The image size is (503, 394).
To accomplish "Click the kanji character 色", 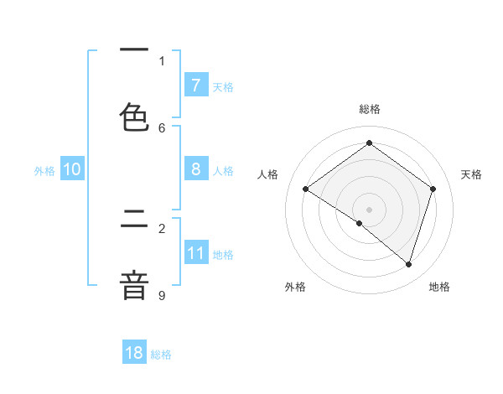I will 134,117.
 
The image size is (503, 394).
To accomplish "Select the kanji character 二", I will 134,221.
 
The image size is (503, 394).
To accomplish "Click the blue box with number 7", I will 195,86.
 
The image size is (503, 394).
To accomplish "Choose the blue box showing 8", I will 195,169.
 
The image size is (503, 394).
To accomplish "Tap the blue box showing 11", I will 195,253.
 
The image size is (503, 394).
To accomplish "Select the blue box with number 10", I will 72,169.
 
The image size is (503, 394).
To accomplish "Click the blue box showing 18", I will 134,353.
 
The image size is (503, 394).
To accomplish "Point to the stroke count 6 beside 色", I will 162,128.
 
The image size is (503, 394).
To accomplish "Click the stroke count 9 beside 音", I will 162,295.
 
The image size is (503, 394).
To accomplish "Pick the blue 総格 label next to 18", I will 161,355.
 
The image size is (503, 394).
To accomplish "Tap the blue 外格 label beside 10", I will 44,171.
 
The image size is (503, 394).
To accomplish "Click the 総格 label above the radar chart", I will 370,109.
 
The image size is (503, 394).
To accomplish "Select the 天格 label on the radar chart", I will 472,174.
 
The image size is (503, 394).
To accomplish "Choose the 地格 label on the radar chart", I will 439,287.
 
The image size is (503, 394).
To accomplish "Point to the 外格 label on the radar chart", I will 295,287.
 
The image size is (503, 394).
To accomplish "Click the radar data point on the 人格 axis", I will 306,189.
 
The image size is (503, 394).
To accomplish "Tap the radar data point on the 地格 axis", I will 408,264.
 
